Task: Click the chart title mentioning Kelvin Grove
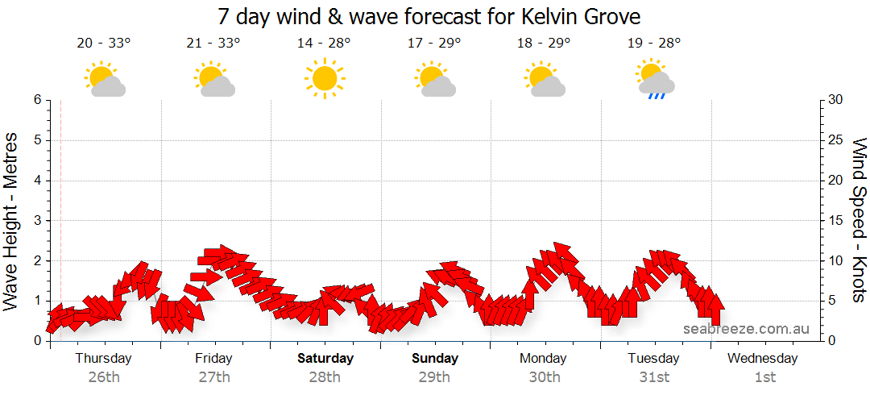(x=429, y=16)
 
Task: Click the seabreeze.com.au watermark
(x=746, y=329)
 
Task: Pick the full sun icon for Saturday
(x=324, y=79)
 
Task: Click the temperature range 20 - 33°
(x=104, y=44)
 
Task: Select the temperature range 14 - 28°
(x=324, y=44)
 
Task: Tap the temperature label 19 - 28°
(x=654, y=44)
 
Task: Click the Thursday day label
(x=104, y=358)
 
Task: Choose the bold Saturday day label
(x=325, y=358)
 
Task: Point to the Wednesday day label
(x=762, y=358)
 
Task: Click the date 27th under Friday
(x=214, y=376)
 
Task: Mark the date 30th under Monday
(x=545, y=376)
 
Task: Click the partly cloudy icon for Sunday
(x=435, y=79)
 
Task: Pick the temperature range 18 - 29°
(x=545, y=44)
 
